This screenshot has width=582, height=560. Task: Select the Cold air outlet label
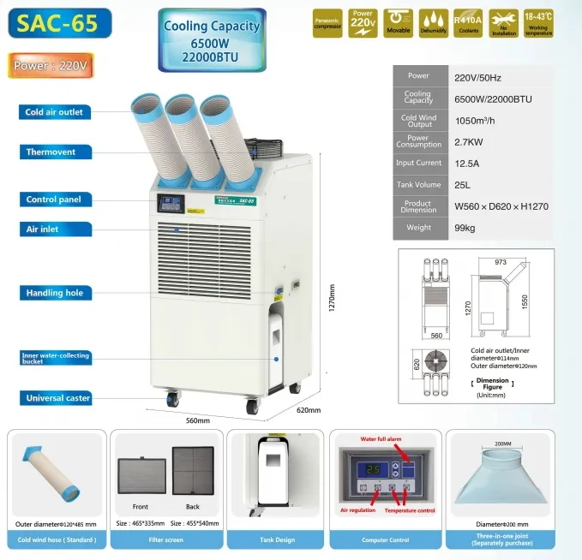point(54,112)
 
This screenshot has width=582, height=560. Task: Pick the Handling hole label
point(54,293)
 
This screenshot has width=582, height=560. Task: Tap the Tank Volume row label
point(418,184)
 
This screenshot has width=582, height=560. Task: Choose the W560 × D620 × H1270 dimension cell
point(501,206)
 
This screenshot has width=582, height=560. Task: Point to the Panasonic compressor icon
point(327,24)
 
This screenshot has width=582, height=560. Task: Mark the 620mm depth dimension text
point(308,410)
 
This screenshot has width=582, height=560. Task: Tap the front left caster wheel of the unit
point(172,399)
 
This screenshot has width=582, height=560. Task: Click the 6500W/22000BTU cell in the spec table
point(493,98)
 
